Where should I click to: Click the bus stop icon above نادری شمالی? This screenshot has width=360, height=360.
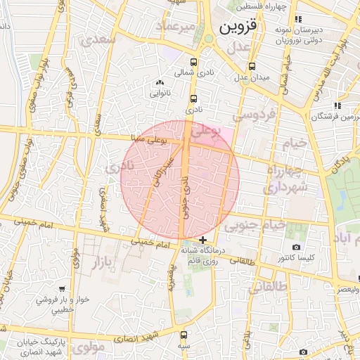coord(194,62)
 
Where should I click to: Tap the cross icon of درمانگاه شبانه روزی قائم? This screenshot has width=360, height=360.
coord(203,240)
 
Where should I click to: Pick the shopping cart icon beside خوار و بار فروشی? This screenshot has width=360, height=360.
coord(63,288)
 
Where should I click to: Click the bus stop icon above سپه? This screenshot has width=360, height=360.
coord(184,335)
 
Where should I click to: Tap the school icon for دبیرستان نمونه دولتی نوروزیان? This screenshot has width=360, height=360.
coord(297,20)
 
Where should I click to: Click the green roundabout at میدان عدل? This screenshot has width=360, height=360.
coord(209,39)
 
